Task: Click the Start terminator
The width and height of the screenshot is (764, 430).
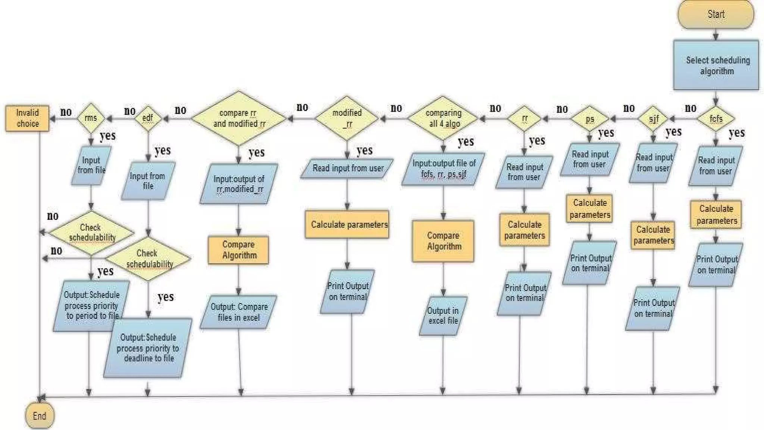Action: coord(716,14)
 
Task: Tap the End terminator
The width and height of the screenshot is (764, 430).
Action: coord(40,416)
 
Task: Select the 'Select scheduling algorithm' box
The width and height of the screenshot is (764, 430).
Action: coord(716,65)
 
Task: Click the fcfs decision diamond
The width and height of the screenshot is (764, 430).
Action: coord(716,119)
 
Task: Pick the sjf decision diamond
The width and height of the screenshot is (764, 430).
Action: coord(653,119)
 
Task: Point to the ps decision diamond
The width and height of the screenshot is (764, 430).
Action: coord(589,119)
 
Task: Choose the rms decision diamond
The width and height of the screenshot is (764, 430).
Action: coord(91,118)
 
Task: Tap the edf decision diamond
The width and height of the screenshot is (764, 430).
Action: coord(148,118)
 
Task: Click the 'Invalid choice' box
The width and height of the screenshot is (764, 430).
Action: coord(27,118)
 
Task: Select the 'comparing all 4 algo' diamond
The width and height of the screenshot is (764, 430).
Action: coord(443,118)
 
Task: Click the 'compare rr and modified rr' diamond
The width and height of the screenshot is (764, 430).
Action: coord(239,118)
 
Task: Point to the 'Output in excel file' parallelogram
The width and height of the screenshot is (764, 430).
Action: coord(443,316)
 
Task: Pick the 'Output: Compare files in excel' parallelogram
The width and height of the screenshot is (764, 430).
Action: coord(239,312)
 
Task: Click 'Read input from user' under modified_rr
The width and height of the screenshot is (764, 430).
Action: coord(347,168)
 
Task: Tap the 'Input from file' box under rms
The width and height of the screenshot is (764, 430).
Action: coord(91,165)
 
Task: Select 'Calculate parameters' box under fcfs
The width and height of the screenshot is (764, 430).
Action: coord(716,215)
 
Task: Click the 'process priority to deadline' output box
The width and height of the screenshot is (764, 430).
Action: coord(148,348)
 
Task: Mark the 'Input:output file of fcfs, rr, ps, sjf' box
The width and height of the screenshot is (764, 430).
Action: coord(444,169)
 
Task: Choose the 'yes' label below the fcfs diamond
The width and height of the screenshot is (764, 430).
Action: coord(736,133)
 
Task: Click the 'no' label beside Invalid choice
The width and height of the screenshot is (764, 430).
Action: coord(66,112)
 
